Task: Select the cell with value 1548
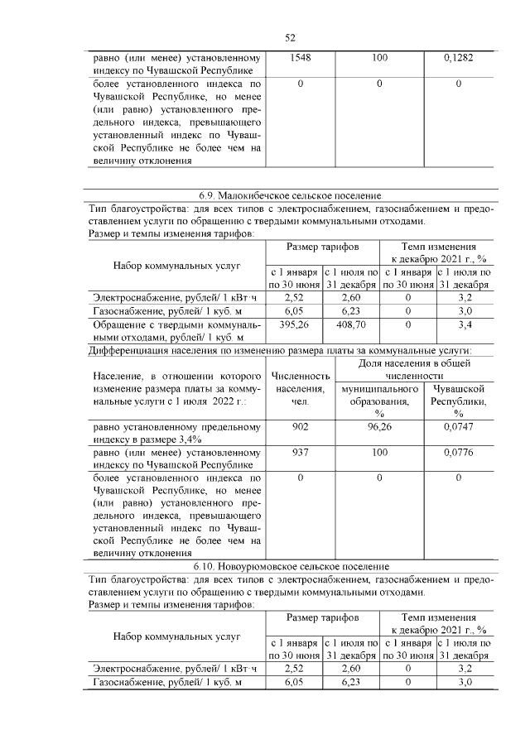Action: click(x=300, y=59)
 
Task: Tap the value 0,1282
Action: click(x=457, y=59)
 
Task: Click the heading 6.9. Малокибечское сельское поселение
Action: click(x=291, y=195)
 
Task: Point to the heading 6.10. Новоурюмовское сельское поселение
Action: click(x=291, y=566)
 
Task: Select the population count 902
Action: click(x=300, y=427)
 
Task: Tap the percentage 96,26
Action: click(x=379, y=427)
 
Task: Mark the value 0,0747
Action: click(x=457, y=427)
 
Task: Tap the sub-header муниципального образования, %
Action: click(x=379, y=400)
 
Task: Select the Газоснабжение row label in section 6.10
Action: click(x=166, y=681)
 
